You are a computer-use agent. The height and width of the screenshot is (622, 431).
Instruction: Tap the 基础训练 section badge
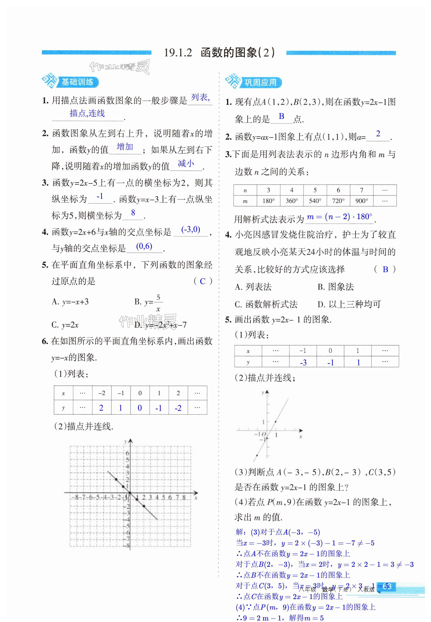(x=77, y=82)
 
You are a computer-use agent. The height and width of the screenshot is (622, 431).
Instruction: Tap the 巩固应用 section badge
(x=260, y=82)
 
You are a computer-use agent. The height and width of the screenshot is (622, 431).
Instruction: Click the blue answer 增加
(x=125, y=147)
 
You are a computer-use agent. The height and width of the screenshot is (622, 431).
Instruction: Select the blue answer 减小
(x=186, y=163)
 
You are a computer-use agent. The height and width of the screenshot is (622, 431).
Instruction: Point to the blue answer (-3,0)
(x=191, y=229)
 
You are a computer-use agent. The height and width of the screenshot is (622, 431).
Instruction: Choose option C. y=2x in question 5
(x=65, y=325)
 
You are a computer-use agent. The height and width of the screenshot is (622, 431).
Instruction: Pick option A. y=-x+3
(x=70, y=302)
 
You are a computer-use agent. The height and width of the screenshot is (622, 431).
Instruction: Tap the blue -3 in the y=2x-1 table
(x=303, y=363)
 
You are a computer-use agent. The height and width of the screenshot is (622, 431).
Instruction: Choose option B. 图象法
(x=335, y=287)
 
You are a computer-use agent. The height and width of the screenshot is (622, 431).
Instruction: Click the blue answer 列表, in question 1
(x=200, y=97)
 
